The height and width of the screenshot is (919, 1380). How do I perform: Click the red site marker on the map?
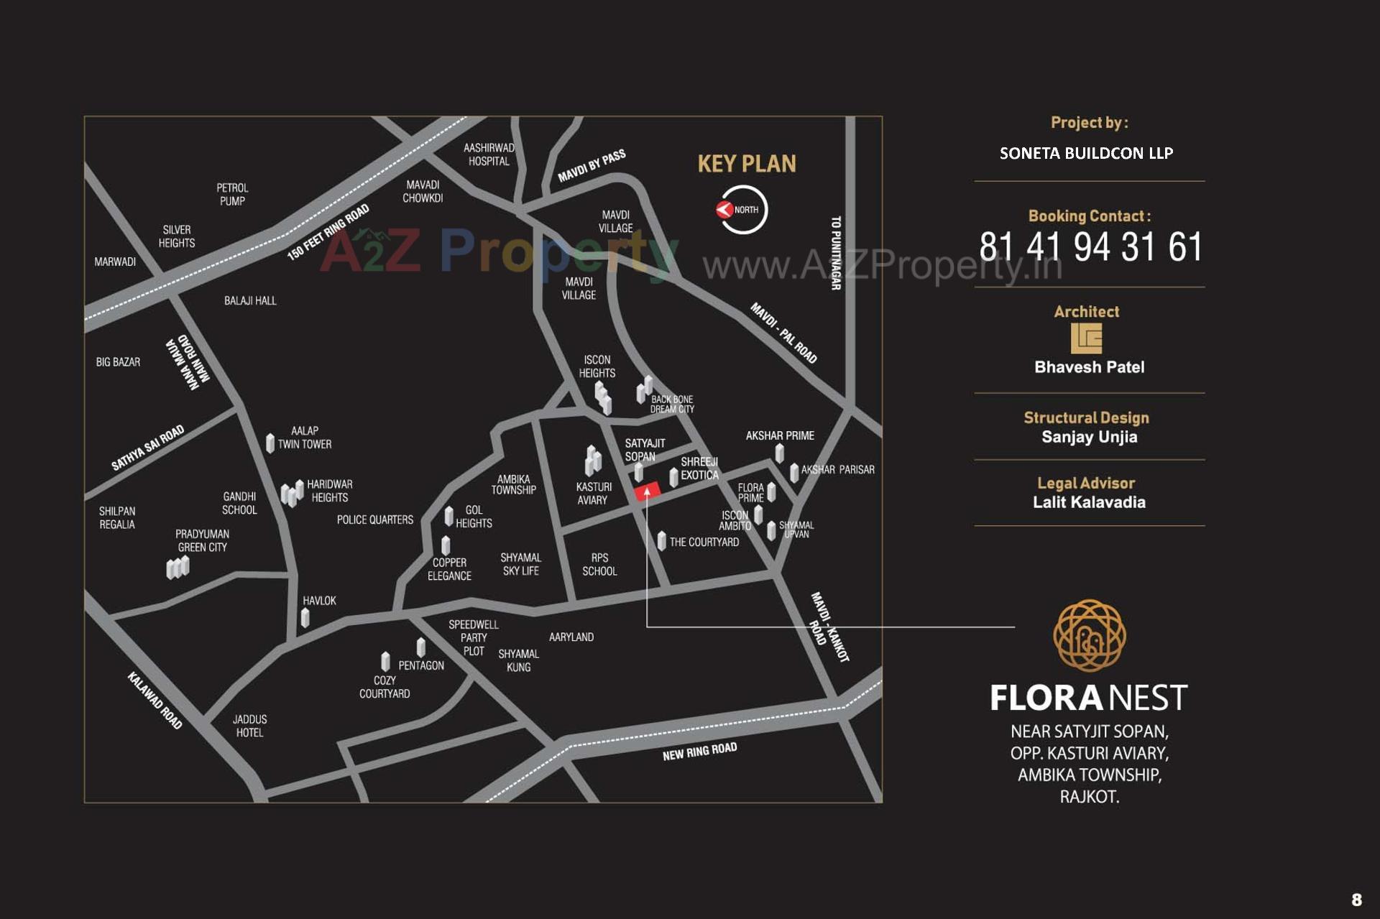(x=647, y=492)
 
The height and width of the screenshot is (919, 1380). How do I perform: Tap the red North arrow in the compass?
(x=724, y=210)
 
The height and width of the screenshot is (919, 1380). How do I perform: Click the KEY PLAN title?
(x=747, y=164)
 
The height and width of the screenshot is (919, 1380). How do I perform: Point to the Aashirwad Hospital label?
(x=489, y=154)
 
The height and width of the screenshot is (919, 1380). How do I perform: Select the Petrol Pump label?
(x=232, y=194)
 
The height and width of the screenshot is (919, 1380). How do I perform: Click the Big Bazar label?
(x=118, y=362)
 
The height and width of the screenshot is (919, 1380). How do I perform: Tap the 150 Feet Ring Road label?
(x=328, y=231)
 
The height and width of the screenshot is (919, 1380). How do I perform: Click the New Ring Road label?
(x=699, y=752)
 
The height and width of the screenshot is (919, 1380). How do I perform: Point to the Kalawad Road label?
(x=155, y=701)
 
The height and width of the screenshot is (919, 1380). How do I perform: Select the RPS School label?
(x=599, y=564)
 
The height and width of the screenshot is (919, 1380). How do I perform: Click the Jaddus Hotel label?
(x=249, y=726)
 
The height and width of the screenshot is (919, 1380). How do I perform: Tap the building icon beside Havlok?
(x=305, y=617)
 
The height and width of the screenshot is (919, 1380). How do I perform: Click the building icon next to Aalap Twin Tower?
(x=270, y=443)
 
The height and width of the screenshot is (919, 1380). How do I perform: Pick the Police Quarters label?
(x=375, y=519)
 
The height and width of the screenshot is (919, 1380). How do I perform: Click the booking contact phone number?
(x=1090, y=247)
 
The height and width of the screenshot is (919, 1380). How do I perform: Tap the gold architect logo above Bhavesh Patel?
(x=1086, y=338)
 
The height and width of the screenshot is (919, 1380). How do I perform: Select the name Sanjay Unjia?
(x=1089, y=437)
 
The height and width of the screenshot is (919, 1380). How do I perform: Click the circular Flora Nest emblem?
(x=1089, y=636)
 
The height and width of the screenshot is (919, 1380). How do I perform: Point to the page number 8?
(x=1356, y=900)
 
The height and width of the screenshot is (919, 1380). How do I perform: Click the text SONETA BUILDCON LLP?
(x=1086, y=153)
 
